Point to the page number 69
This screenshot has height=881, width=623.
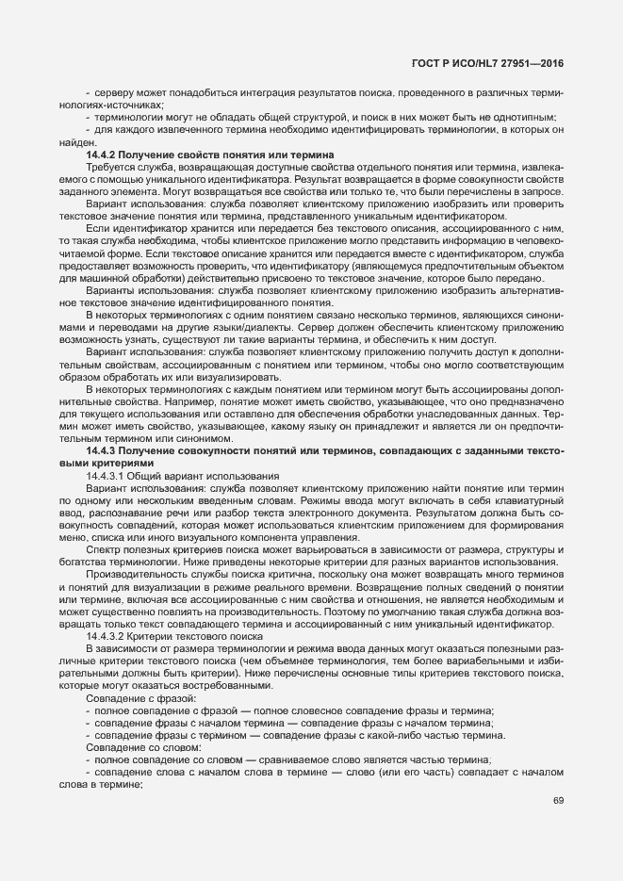pos(558,800)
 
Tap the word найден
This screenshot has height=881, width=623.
pos(73,141)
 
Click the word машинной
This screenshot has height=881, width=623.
pos(100,279)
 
